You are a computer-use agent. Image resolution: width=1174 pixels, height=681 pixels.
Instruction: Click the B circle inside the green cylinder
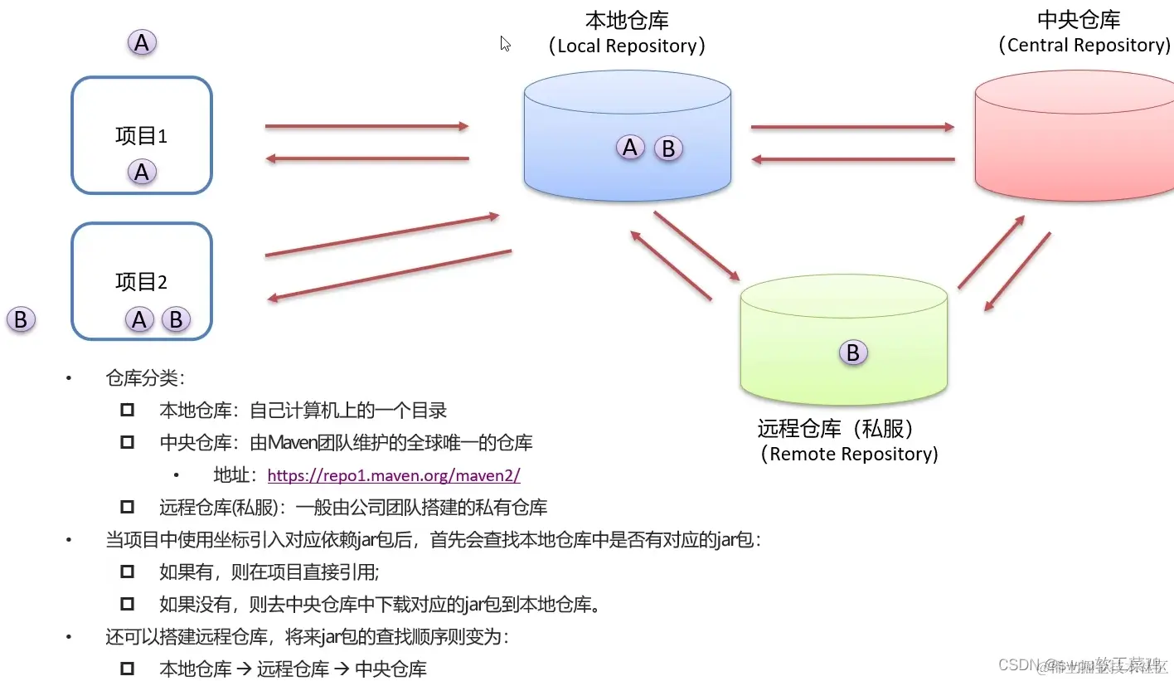tap(852, 353)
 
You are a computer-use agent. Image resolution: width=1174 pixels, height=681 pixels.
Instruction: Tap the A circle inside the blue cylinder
tap(630, 148)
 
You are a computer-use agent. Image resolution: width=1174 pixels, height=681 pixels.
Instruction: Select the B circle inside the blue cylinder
tap(668, 149)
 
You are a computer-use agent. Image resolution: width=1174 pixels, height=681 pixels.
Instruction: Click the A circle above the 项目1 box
tap(142, 42)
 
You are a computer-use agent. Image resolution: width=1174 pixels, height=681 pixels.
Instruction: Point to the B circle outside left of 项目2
tap(21, 319)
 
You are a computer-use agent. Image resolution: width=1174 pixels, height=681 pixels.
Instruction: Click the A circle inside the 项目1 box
tap(142, 173)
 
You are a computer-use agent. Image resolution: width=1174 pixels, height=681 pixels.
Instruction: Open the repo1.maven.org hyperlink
tap(394, 475)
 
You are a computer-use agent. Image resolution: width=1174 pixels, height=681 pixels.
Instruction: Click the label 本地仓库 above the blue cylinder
tap(627, 20)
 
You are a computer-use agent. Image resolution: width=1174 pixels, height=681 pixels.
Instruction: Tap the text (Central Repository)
tap(1084, 45)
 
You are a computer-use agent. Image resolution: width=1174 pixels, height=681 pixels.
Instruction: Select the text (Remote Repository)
tap(849, 454)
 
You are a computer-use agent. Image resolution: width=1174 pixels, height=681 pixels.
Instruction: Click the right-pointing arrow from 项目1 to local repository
tap(366, 126)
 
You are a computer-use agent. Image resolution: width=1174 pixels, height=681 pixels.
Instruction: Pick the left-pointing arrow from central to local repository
tap(852, 158)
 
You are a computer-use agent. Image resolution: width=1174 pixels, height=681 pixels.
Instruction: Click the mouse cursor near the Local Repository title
tap(505, 43)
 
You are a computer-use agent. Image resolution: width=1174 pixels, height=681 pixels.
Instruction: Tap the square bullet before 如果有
tap(127, 572)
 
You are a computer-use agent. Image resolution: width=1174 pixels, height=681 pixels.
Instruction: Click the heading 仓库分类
tap(144, 378)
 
